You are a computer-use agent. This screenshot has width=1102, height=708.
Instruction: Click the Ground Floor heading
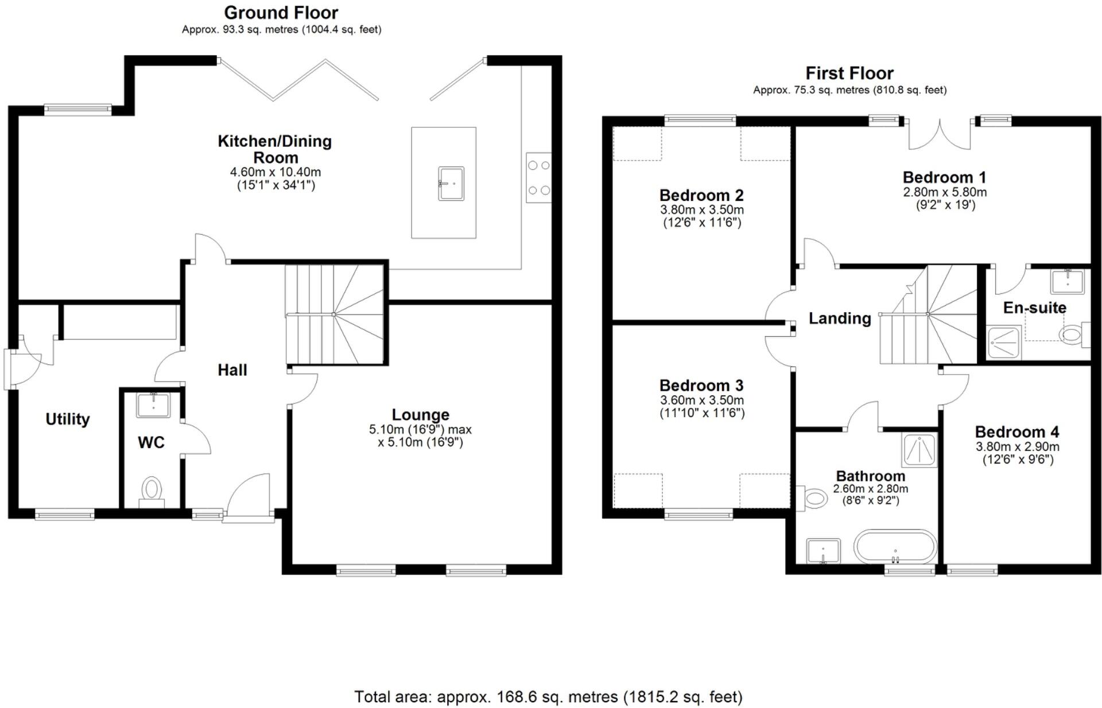281,13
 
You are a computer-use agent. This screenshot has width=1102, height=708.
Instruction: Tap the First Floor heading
849,73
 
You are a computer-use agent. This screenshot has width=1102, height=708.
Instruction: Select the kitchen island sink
451,184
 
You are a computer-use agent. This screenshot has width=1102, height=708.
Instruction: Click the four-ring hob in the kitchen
538,177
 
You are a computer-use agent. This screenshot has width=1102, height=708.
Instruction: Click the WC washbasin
153,404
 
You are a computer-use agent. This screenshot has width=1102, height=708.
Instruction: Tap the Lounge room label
420,415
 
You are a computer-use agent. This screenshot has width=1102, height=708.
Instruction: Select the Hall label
232,370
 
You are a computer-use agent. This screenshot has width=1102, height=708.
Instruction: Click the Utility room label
68,419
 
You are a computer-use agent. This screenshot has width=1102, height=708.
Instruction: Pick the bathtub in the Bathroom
895,547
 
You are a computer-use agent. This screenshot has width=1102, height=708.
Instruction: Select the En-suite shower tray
1004,343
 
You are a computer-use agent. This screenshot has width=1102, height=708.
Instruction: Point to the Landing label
840,318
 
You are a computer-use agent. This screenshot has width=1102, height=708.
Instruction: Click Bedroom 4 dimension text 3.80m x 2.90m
1018,447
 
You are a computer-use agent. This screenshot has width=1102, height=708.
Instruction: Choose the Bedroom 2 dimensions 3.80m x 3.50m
701,210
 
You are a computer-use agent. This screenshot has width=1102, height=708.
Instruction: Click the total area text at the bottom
548,697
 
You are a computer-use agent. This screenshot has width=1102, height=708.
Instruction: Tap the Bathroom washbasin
823,551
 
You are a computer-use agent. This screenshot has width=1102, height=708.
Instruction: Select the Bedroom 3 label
701,386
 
